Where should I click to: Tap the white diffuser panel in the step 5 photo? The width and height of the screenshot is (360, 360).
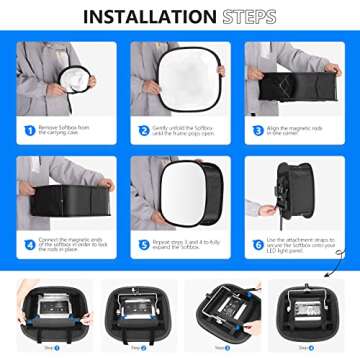180,190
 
